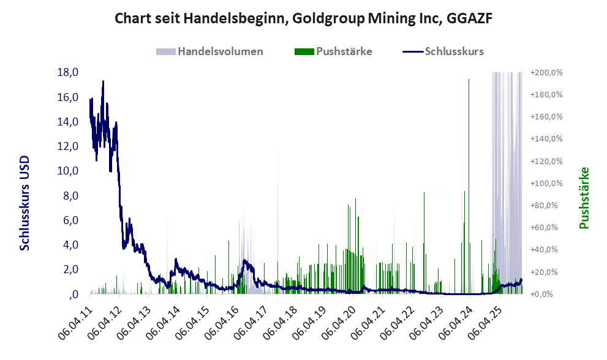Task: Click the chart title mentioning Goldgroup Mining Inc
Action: coord(303,19)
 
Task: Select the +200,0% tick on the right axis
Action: coord(546,73)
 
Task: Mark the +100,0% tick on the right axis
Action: coord(546,183)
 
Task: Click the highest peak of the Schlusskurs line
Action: coord(103,81)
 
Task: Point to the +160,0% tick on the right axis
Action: coord(546,117)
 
